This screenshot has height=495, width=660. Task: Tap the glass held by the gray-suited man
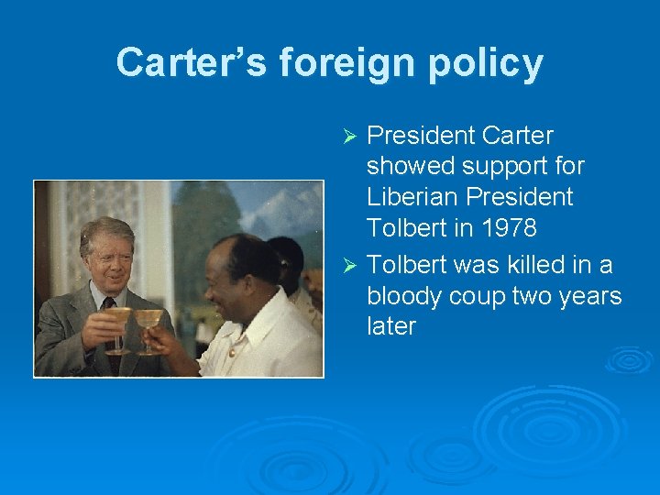[x=118, y=326]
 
